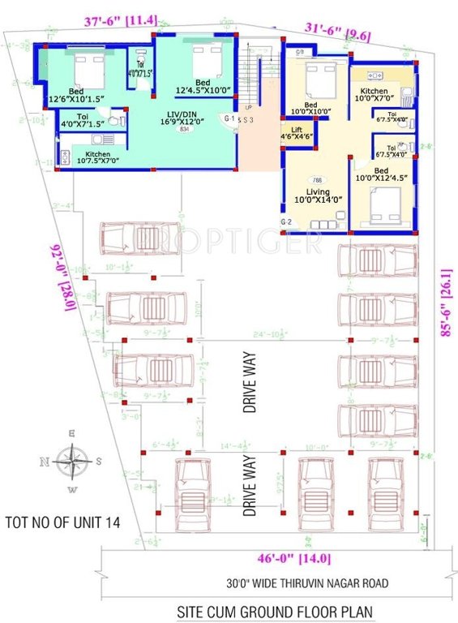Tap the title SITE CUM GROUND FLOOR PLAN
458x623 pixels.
pyautogui.click(x=266, y=611)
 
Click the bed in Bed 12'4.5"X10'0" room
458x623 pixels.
pyautogui.click(x=206, y=59)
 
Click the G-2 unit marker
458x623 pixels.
pyautogui.click(x=285, y=221)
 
